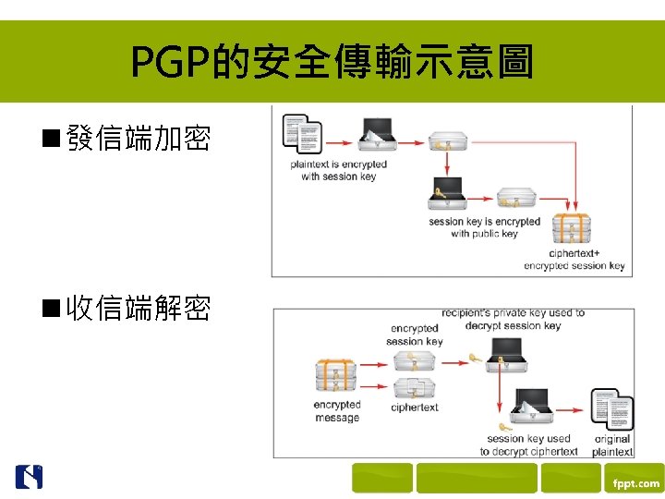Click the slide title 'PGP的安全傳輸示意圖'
click(332, 63)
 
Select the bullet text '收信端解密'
click(139, 308)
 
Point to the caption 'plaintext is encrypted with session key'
click(338, 170)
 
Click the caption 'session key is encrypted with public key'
click(484, 227)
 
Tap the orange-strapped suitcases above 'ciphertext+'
click(570, 229)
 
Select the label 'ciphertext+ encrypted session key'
click(574, 260)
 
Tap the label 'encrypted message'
click(337, 411)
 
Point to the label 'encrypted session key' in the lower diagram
click(415, 335)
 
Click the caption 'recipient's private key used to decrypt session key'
click(514, 319)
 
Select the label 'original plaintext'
click(612, 445)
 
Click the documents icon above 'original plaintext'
click(611, 408)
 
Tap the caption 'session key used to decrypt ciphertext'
click(528, 444)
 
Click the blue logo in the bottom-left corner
click(29, 477)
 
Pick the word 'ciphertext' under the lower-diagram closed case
click(415, 408)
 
